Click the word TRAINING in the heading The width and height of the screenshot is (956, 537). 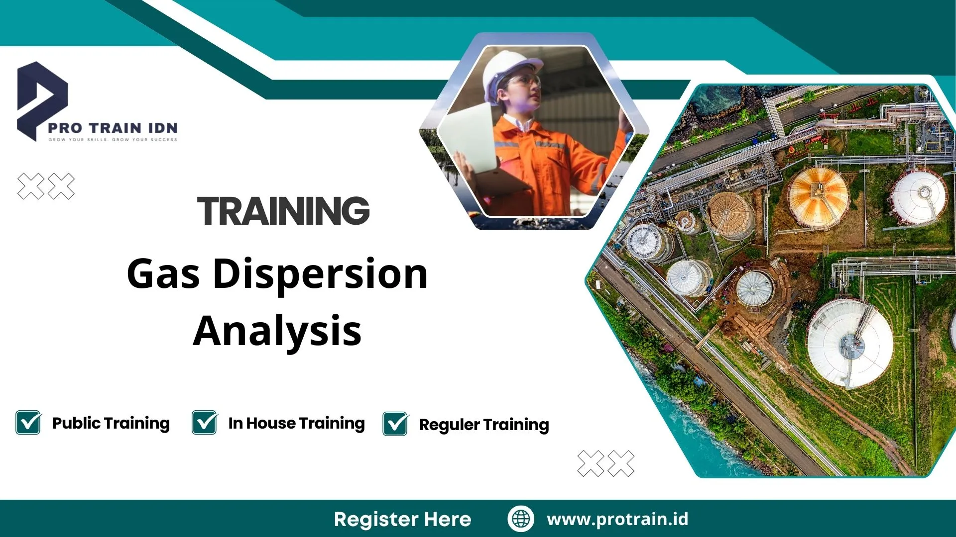(283, 211)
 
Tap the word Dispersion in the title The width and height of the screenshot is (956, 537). (320, 274)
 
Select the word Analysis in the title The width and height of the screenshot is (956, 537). (277, 331)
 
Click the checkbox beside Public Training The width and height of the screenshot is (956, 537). (28, 423)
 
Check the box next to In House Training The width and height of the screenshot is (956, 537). (205, 423)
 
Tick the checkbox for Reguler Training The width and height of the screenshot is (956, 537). (395, 424)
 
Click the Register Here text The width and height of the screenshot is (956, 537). (402, 519)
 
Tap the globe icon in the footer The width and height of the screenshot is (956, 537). (521, 519)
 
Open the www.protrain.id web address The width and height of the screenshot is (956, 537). (617, 519)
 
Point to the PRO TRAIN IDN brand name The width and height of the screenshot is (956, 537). (113, 128)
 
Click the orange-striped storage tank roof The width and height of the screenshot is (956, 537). (818, 196)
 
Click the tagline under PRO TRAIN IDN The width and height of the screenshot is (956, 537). (113, 140)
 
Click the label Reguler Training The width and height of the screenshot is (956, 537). (484, 425)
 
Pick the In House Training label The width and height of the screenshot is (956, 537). (296, 423)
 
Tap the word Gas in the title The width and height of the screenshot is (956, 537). (163, 274)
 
